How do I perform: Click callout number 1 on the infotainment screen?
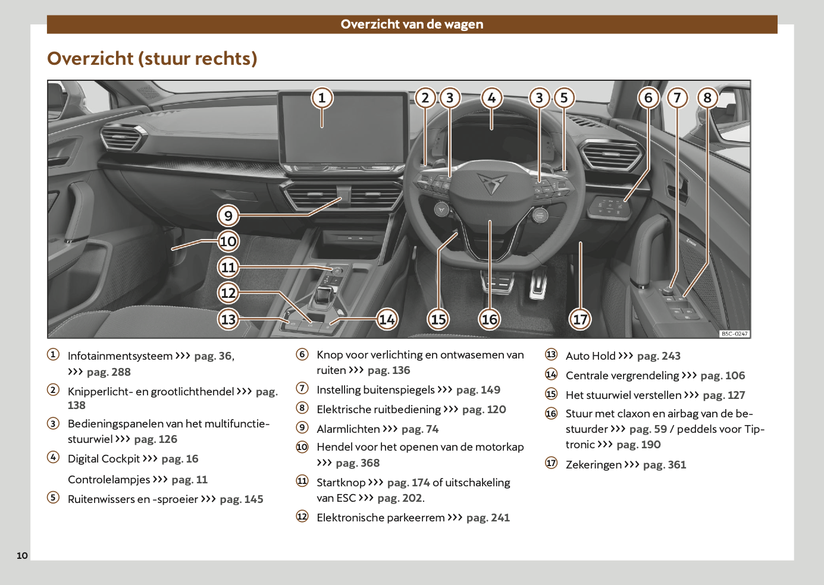pos(322,97)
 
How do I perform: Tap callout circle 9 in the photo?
pos(228,215)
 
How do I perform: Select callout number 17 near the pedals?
pos(580,319)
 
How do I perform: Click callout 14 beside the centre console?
pos(387,319)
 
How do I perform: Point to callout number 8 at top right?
pos(707,97)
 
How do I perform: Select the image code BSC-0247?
pos(734,334)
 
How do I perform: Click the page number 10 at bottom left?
pos(22,555)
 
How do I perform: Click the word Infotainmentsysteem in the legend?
pos(120,356)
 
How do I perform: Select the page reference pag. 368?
pos(358,463)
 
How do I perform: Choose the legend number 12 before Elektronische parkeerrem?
pos(302,516)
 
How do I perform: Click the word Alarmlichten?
pos(348,429)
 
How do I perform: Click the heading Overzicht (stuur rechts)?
pos(152,58)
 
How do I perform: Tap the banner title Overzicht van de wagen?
pos(412,24)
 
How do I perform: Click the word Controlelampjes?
pos(109,480)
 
